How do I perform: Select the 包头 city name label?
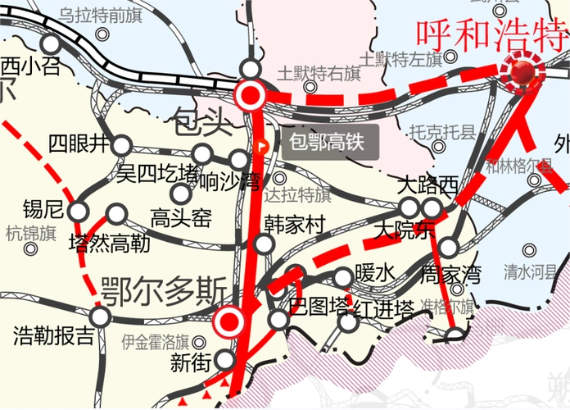pos(204,125)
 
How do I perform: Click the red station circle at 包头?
pos(251,95)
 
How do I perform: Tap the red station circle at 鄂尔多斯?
pos(230,321)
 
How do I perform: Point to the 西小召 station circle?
pos(52,44)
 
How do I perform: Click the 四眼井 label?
pos(77,145)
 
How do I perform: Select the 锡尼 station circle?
pos(79,211)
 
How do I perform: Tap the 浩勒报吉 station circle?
pos(100,317)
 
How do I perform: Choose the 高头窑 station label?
pos(181,217)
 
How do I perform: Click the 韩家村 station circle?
pos(263,244)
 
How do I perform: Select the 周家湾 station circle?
pos(448,247)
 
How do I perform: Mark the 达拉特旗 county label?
pos(298,195)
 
